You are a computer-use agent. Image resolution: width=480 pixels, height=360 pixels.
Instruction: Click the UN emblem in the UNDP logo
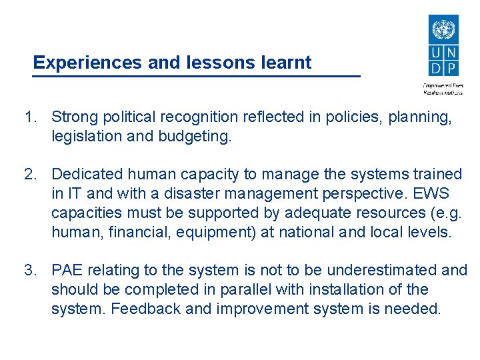coord(443,31)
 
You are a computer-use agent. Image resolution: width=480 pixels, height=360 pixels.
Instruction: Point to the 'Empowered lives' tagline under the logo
coord(443,85)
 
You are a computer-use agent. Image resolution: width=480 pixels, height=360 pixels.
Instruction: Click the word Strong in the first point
coord(75,117)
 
